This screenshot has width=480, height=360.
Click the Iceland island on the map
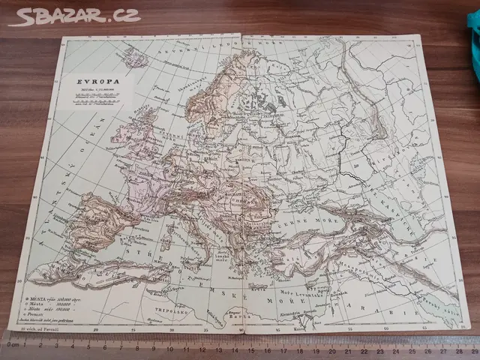[x=135, y=55]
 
